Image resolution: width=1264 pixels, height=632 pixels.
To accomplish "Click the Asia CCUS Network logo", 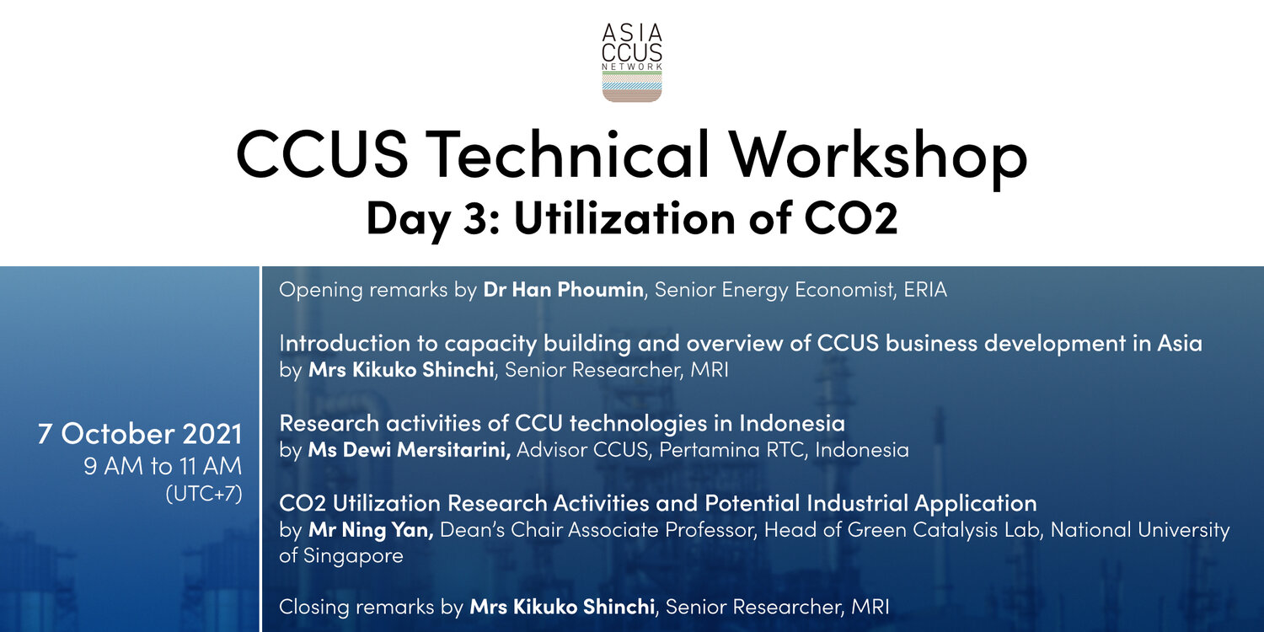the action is (632, 62).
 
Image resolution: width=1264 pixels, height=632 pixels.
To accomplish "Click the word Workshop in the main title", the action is (878, 154).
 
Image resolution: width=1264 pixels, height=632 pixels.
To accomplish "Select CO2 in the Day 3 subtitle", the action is (851, 217).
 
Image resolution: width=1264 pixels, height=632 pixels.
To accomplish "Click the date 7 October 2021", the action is (140, 433).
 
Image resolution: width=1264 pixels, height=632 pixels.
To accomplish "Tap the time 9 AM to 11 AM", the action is (163, 466).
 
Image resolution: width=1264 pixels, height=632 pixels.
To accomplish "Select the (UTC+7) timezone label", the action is (204, 493).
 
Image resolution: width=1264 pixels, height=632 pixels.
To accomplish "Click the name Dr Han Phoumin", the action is (563, 290).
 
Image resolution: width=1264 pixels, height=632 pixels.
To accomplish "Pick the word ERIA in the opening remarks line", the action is (925, 290).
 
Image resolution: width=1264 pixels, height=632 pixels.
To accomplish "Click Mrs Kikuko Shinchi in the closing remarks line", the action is (562, 607).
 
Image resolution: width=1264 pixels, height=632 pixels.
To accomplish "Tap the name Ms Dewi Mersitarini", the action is (409, 450).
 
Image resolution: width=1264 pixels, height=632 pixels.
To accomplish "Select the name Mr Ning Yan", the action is (371, 530).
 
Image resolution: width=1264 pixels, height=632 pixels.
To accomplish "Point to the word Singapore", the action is (354, 556).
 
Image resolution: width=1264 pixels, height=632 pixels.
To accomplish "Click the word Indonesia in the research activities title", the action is (792, 423).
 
